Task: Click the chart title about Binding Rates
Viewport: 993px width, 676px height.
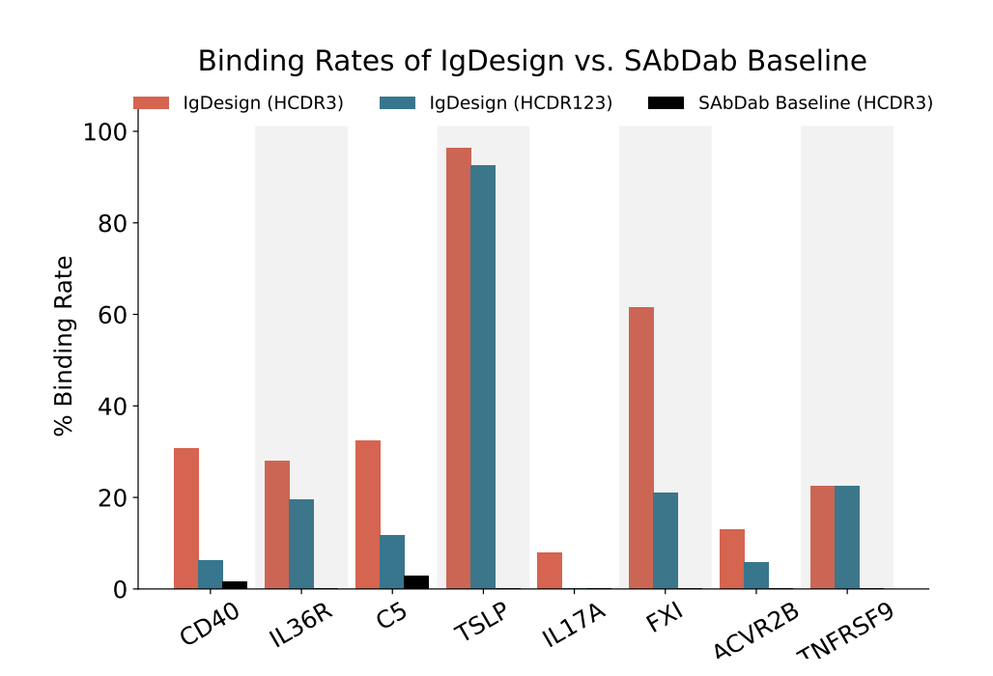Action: (532, 62)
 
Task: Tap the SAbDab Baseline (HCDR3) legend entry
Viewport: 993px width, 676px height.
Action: (815, 103)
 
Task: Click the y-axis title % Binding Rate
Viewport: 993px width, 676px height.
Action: (64, 346)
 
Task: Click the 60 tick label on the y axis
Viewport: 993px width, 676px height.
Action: (113, 315)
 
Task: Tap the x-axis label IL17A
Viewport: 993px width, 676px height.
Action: (568, 629)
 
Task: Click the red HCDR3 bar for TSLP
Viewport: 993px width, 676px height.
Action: (458, 368)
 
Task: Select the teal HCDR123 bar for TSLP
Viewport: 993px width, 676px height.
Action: (483, 377)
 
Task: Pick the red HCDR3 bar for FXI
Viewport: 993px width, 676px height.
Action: (640, 448)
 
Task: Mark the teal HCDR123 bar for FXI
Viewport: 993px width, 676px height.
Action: (666, 541)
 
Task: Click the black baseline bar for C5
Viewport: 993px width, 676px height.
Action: (416, 582)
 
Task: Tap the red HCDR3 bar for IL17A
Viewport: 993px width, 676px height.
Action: (550, 571)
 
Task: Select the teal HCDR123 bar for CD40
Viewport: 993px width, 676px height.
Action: (211, 575)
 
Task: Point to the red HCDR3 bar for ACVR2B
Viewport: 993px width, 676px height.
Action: (731, 559)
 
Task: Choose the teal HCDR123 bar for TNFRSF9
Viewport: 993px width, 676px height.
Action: (847, 537)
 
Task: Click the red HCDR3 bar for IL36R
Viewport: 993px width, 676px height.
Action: (276, 524)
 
